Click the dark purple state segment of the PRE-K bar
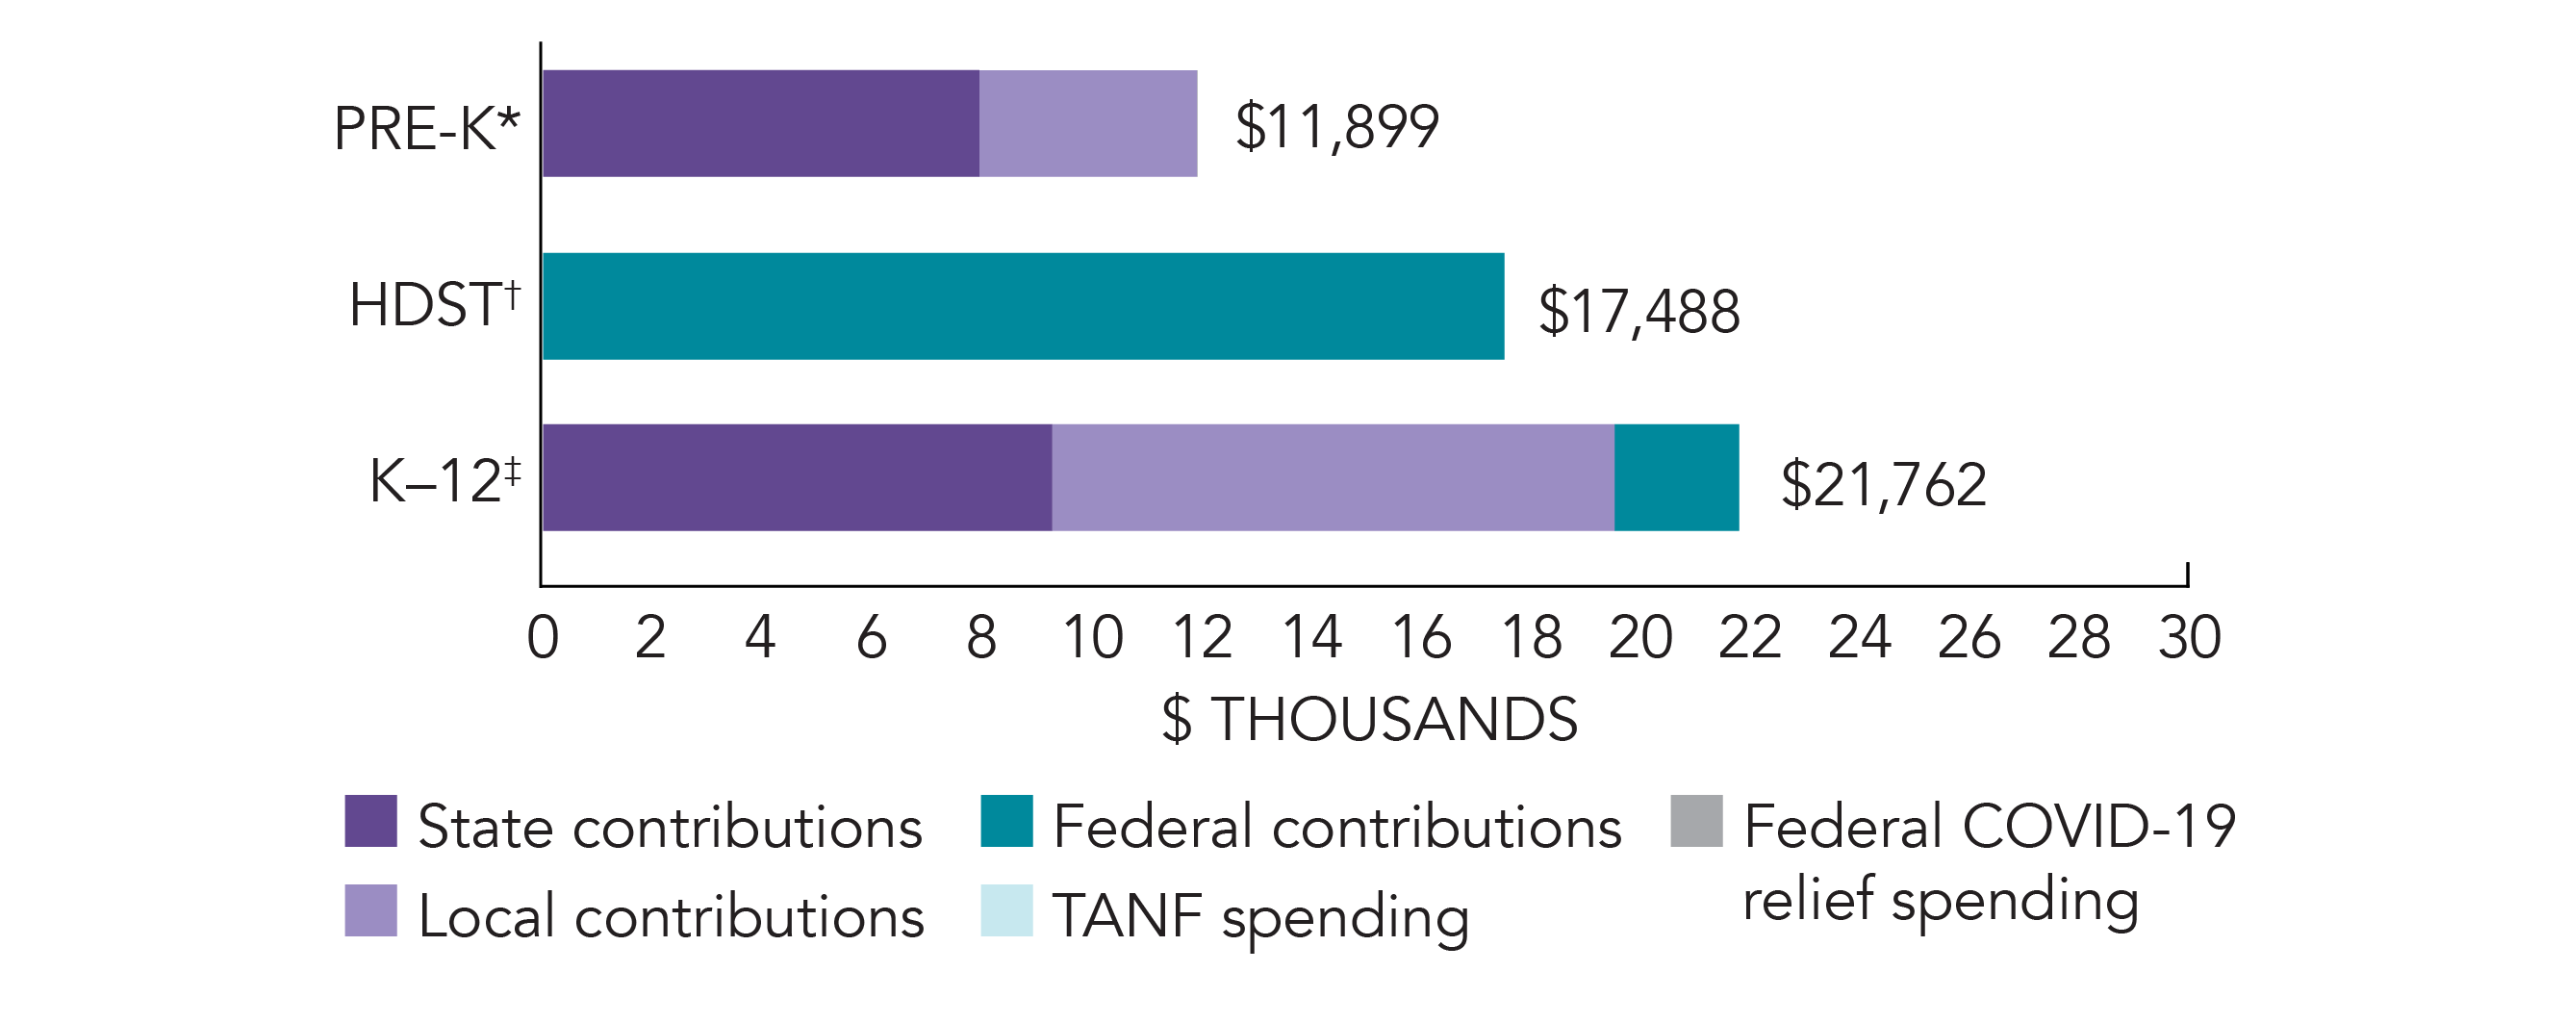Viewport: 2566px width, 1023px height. point(760,123)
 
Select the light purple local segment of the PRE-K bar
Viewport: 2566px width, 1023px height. point(1088,123)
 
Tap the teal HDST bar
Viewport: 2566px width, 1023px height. point(1023,306)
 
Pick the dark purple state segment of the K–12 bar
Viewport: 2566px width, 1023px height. point(797,477)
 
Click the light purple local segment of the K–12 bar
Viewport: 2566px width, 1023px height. point(1333,477)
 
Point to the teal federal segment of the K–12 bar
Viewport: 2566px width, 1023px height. point(1676,477)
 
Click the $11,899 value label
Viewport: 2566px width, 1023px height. point(1336,126)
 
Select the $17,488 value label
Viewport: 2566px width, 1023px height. point(1639,311)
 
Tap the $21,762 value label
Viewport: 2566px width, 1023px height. point(1884,485)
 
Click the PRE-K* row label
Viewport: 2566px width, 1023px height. point(426,129)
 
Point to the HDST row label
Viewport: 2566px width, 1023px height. point(434,304)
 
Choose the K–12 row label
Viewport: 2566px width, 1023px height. point(445,480)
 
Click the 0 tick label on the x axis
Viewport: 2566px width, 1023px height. point(543,637)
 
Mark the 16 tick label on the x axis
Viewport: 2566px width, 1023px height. point(1421,637)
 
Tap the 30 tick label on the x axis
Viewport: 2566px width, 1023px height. point(2190,637)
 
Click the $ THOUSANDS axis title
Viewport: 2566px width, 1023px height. point(1370,719)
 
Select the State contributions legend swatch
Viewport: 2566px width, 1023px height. point(370,821)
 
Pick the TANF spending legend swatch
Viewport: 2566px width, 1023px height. point(1006,910)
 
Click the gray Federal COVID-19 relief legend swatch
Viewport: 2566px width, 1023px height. point(1696,821)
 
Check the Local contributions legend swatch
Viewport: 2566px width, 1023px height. point(370,910)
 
